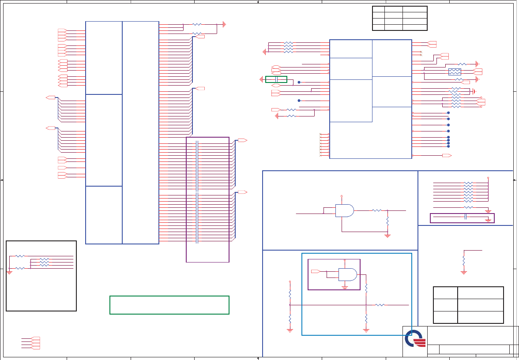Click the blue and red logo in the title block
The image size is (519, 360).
tap(415, 338)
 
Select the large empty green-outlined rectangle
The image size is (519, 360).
tap(169, 305)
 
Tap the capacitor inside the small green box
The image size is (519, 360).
tap(276, 79)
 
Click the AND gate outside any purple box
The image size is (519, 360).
tap(344, 210)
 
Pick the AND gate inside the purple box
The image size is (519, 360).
tap(347, 274)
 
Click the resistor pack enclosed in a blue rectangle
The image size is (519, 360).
tap(455, 72)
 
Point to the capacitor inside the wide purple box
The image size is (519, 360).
tap(466, 217)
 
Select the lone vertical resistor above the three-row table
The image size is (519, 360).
tap(464, 261)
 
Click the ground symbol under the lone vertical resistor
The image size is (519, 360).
tap(464, 273)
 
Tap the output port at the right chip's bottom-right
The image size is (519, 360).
tap(447, 156)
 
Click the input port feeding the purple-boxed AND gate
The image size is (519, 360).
tap(316, 270)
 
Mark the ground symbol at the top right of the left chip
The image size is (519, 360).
tap(224, 24)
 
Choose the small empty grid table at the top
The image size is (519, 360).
tap(399, 18)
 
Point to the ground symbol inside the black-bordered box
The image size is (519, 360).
tap(9, 272)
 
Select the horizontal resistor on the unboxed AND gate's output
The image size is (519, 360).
tap(376, 210)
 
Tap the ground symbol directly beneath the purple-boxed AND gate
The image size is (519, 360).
tap(345, 287)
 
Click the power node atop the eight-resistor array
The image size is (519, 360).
tap(488, 178)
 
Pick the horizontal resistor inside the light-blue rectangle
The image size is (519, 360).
tap(380, 305)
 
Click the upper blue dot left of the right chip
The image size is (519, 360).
tap(299, 82)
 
